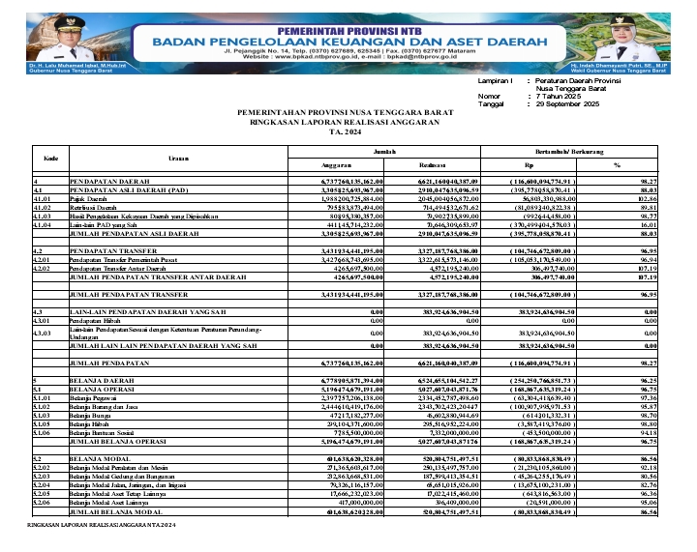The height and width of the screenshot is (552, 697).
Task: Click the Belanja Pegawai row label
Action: (95, 396)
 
